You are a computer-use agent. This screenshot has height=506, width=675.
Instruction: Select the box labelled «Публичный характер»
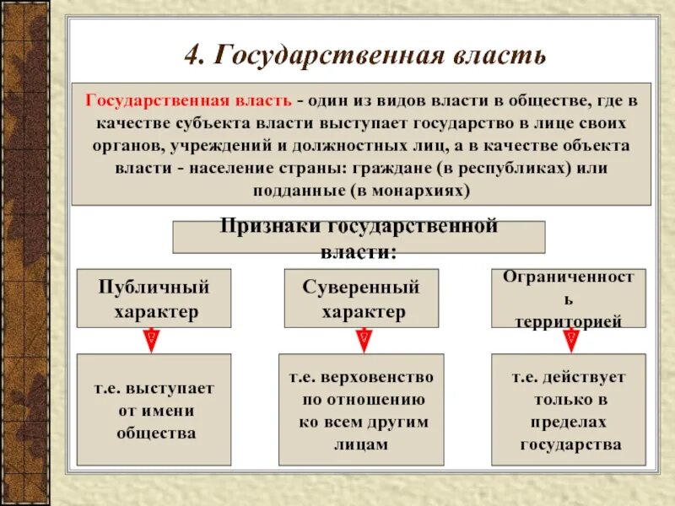coord(154,299)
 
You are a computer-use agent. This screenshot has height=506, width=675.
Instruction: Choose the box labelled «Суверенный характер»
coord(361,299)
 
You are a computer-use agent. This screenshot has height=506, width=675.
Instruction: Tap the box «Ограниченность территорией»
coord(568,299)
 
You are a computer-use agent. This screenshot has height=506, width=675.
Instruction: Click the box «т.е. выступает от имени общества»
coord(154,410)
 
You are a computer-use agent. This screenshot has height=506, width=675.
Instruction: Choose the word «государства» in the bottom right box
coord(570,444)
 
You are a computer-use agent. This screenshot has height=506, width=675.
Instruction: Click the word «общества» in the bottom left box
coord(155,433)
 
